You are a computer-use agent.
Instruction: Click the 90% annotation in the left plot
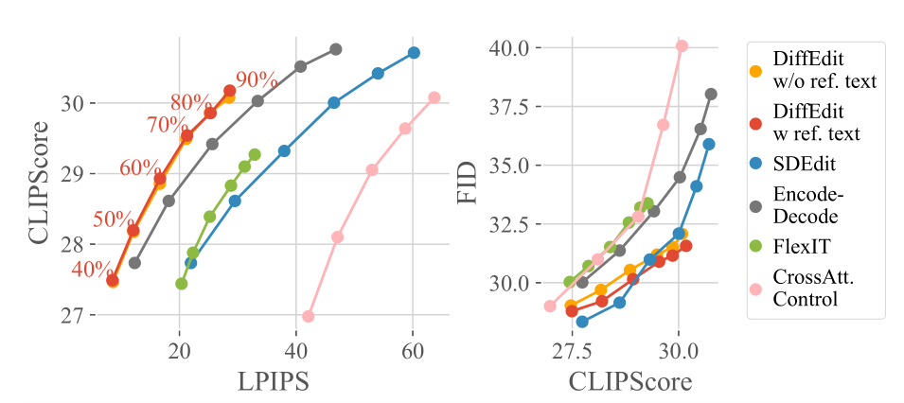[x=257, y=80]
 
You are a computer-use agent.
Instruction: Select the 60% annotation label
[x=140, y=168]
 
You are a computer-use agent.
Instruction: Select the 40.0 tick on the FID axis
[x=509, y=46]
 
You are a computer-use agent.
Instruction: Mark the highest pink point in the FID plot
[x=682, y=45]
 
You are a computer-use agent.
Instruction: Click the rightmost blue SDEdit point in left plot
[x=414, y=53]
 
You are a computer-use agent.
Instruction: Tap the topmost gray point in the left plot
[x=335, y=49]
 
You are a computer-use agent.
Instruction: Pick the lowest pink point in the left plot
[x=308, y=316]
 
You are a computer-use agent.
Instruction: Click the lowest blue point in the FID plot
[x=582, y=322]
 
